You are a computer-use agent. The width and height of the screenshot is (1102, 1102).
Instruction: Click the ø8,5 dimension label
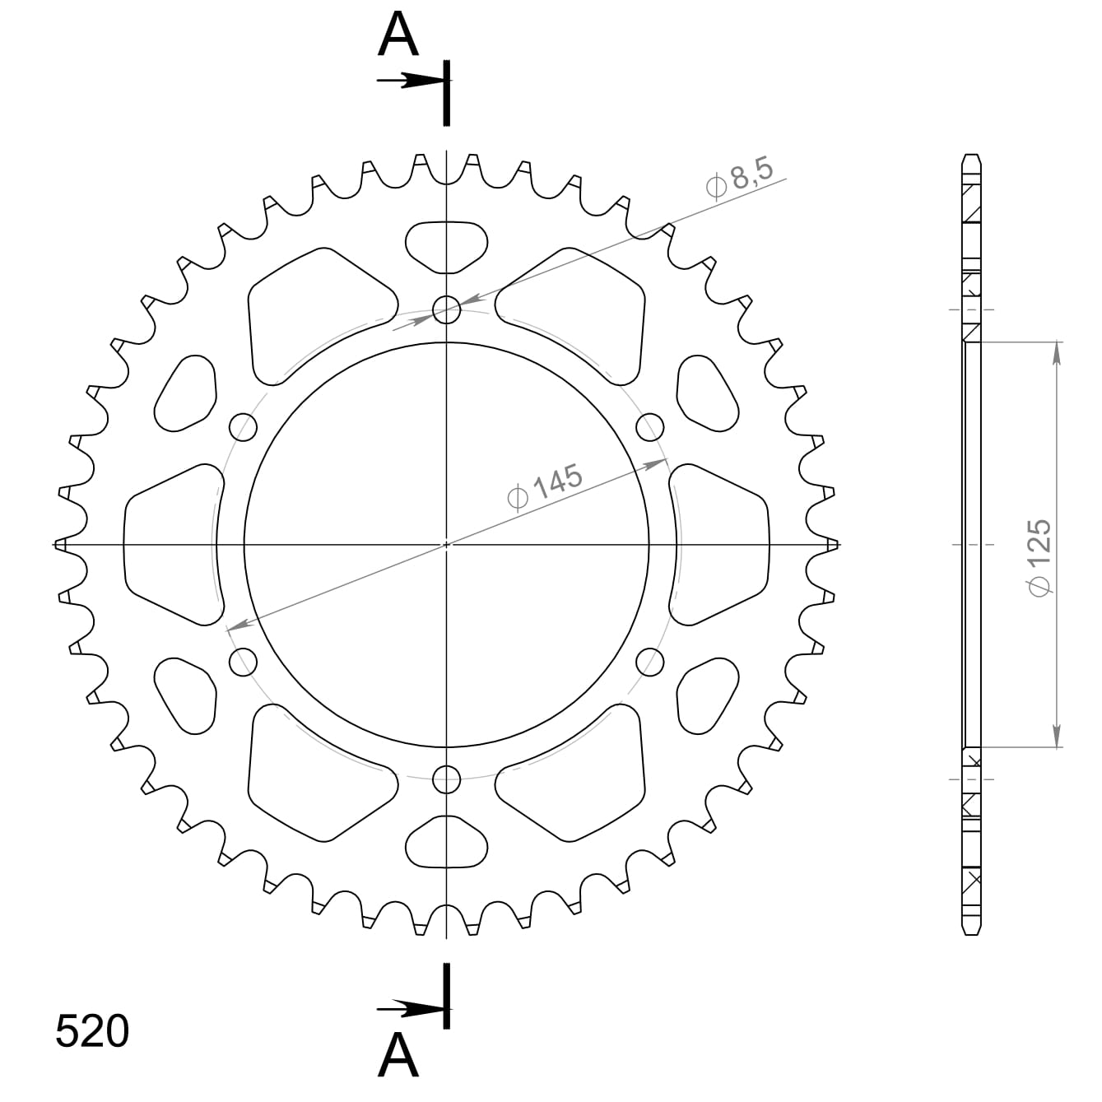739,180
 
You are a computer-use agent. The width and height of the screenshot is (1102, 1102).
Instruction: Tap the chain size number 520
92,1032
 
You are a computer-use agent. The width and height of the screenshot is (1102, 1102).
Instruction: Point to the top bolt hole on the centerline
447,310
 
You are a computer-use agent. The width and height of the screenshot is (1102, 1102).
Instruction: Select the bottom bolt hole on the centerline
447,778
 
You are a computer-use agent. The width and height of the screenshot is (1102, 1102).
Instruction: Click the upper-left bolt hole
244,426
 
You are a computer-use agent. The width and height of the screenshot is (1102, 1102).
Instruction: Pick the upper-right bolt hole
650,426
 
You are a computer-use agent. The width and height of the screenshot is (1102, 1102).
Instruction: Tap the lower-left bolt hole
244,661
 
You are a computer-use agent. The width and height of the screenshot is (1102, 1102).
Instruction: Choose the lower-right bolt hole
650,661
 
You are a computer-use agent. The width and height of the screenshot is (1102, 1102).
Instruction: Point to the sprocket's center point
447,544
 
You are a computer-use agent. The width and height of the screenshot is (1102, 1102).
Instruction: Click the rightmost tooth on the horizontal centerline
833,544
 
